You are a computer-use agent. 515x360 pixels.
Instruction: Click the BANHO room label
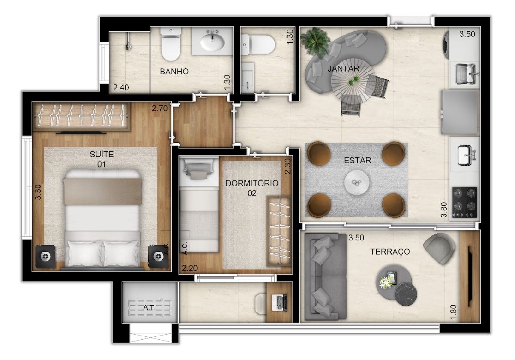(174, 71)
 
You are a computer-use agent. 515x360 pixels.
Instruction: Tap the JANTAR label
(343, 69)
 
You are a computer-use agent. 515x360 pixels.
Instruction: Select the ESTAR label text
(357, 160)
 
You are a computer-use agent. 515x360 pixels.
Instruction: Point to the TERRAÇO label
(390, 252)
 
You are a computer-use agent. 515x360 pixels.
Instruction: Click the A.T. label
(149, 308)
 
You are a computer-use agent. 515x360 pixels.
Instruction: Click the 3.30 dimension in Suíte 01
(38, 192)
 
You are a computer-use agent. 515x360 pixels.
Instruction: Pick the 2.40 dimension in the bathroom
(121, 87)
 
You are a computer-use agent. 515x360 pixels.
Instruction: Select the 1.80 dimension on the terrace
(453, 312)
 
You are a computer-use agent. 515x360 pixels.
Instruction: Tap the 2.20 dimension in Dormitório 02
(190, 268)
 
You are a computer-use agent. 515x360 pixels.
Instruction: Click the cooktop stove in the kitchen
(464, 202)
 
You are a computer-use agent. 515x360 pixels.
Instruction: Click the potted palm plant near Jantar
(315, 41)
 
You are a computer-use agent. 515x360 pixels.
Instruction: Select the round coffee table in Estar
(357, 183)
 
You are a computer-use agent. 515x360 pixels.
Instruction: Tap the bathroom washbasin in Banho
(212, 41)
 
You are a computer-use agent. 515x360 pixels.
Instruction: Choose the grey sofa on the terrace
(325, 276)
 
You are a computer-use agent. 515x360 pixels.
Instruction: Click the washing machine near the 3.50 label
(447, 45)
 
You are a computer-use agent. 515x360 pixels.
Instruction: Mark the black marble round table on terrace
(405, 294)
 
